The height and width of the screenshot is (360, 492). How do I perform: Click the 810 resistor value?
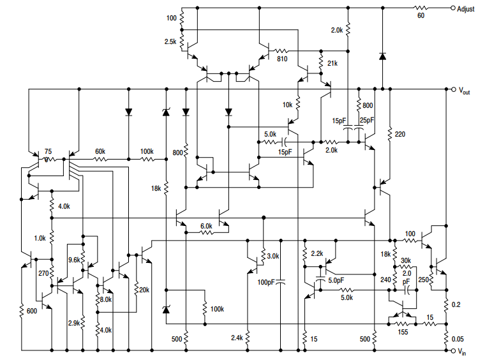tap(282, 59)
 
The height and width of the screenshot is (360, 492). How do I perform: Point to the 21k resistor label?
tap(332, 64)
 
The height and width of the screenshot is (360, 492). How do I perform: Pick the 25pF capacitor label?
tap(367, 120)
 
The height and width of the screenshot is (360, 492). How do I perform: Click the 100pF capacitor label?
tap(267, 281)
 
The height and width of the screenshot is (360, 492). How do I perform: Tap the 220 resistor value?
tap(400, 134)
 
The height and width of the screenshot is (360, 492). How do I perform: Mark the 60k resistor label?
tap(101, 151)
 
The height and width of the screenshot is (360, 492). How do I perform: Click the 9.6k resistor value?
tap(74, 260)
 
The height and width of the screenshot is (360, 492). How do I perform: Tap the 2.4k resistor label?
tap(236, 338)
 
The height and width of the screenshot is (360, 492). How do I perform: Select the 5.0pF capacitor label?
tap(336, 280)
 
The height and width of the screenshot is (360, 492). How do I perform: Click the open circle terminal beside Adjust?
tap(452, 8)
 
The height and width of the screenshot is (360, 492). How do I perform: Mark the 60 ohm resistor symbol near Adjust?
tap(421, 8)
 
